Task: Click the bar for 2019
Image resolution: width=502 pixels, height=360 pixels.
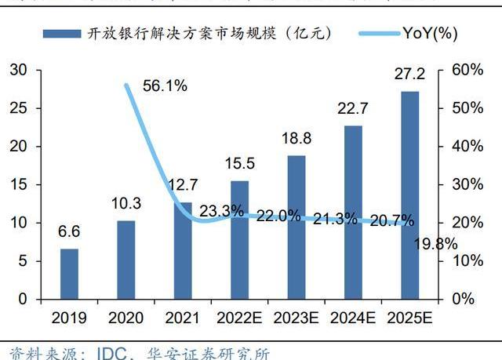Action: [70, 274]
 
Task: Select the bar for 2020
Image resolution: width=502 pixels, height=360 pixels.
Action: [125, 260]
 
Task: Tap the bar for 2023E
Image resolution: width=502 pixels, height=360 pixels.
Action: [296, 227]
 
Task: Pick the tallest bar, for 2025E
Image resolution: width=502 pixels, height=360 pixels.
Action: [409, 195]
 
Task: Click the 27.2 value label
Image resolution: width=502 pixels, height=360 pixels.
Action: [409, 75]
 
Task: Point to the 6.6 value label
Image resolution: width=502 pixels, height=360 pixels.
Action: [70, 232]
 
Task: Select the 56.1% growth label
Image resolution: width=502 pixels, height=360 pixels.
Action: [166, 86]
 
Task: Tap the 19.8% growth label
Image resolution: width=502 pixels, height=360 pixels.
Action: [435, 244]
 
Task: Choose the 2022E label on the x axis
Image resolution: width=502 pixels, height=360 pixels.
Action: [238, 318]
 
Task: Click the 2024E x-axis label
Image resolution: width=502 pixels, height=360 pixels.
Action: [353, 318]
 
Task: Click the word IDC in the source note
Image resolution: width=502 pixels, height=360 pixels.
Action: [113, 352]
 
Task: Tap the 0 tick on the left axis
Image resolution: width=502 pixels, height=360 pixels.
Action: [23, 300]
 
